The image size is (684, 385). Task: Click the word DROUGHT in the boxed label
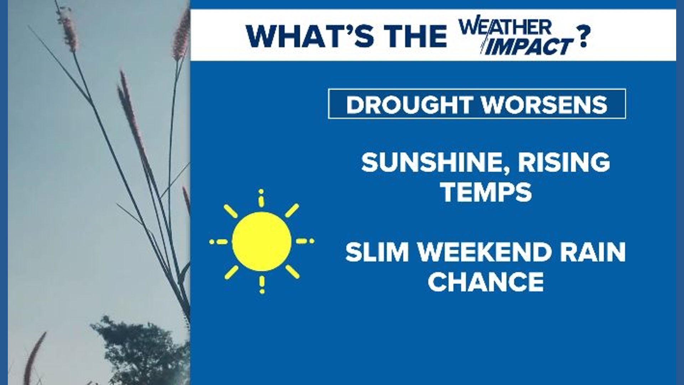410,104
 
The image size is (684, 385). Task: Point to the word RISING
564,162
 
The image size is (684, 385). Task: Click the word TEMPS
486,192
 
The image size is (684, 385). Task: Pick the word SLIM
377,252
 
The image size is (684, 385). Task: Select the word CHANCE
486,282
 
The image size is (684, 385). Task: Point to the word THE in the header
415,36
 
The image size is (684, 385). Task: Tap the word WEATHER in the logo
505,27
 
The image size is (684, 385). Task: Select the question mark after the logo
583,36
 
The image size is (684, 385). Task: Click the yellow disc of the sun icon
262,242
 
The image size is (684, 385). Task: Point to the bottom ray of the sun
262,285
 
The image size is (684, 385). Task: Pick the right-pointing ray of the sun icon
305,241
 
